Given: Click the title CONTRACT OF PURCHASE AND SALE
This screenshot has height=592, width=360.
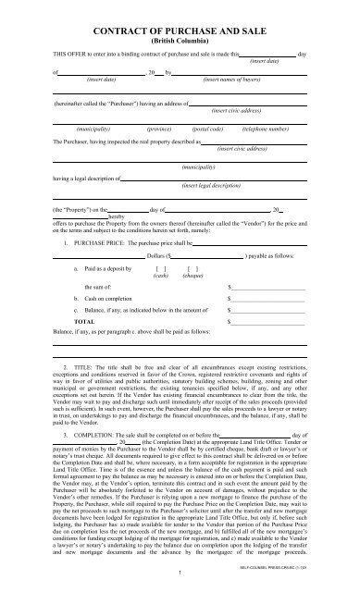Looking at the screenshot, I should [x=180, y=31].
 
